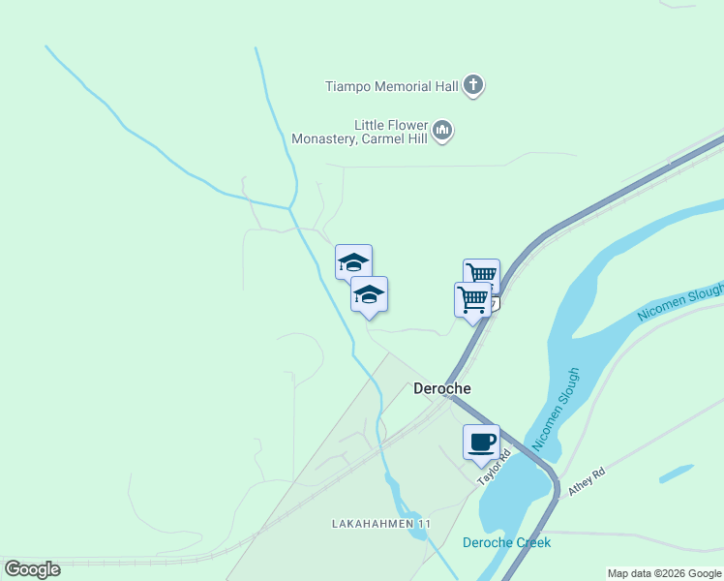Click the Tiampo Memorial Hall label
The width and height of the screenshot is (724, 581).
(x=391, y=86)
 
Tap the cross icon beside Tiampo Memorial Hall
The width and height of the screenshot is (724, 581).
(x=473, y=86)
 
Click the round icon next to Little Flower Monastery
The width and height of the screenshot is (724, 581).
(x=442, y=130)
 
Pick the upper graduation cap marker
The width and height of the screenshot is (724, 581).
(x=353, y=261)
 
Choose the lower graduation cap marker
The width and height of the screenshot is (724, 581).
(x=369, y=294)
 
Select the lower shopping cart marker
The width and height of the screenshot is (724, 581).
(x=472, y=298)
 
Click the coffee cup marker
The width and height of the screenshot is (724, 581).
(x=481, y=443)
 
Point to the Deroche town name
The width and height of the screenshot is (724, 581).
(x=442, y=389)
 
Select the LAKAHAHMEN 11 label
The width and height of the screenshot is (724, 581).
(x=380, y=524)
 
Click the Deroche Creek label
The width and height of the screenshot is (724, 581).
(x=506, y=542)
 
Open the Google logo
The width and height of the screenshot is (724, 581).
(x=32, y=569)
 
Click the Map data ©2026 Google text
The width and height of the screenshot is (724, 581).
(x=664, y=573)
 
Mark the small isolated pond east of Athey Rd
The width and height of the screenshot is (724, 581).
(x=677, y=474)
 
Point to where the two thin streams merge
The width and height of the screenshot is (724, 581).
(x=289, y=206)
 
